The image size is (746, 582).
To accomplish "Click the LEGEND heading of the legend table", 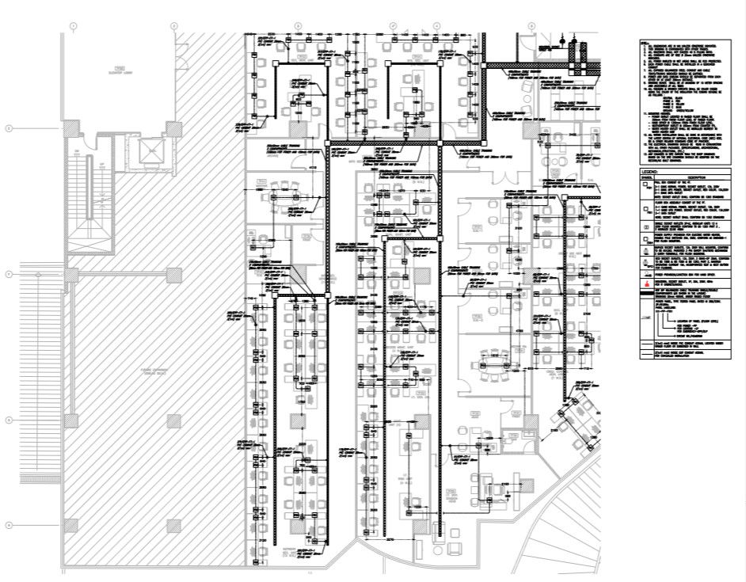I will [x=651, y=170].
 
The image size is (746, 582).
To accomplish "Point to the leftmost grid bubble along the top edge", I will [x=74, y=26].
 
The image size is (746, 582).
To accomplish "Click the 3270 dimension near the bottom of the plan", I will [x=390, y=539].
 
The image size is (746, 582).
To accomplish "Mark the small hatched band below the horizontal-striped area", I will [x=36, y=478].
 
